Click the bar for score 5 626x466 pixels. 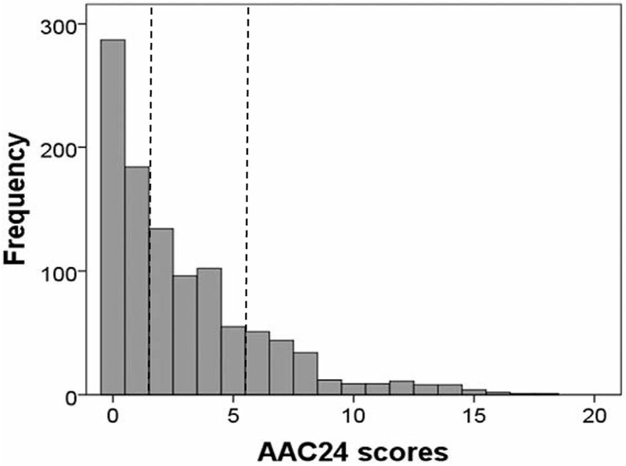click(x=233, y=361)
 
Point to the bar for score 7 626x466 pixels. click(x=281, y=368)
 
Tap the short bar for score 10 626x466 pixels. click(x=353, y=389)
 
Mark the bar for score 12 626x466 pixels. click(x=401, y=388)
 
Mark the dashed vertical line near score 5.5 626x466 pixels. click(x=247, y=157)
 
